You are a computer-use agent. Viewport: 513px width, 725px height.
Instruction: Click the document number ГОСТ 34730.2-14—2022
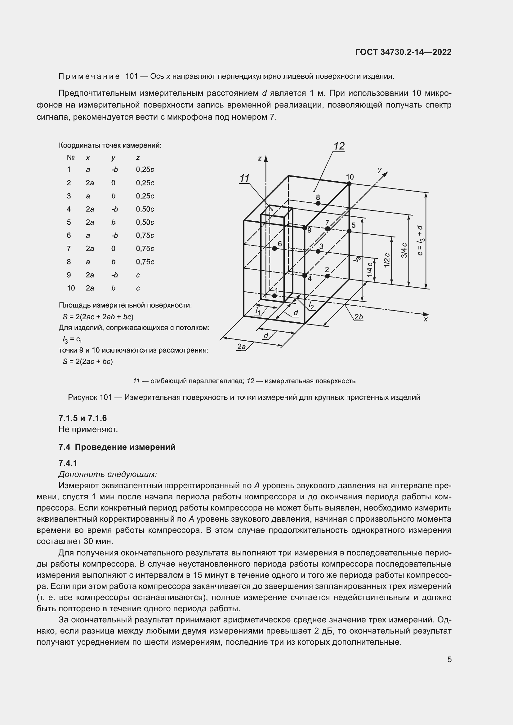pyautogui.click(x=403, y=52)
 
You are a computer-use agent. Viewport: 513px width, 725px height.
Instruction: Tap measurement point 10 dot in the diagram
pyautogui.click(x=349, y=183)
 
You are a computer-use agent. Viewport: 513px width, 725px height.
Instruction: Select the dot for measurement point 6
pyautogui.click(x=274, y=249)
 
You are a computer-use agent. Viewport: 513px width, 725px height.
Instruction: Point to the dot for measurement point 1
pyautogui.click(x=274, y=296)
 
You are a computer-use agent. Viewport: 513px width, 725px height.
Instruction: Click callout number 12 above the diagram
pyautogui.click(x=339, y=146)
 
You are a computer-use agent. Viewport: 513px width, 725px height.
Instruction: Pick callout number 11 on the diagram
pyautogui.click(x=244, y=179)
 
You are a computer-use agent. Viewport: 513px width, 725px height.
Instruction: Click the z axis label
pyautogui.click(x=260, y=158)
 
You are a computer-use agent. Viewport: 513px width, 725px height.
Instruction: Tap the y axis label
pyautogui.click(x=380, y=170)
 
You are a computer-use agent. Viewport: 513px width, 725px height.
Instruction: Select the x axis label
pyautogui.click(x=426, y=319)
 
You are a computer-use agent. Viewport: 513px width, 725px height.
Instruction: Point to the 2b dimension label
pyautogui.click(x=359, y=317)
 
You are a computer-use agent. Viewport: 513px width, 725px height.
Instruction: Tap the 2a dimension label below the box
pyautogui.click(x=241, y=347)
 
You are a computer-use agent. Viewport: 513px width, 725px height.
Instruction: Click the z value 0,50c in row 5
pyautogui.click(x=145, y=222)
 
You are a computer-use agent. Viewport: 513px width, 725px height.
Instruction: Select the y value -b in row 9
pyautogui.click(x=114, y=275)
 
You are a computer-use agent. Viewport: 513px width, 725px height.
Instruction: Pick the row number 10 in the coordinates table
pyautogui.click(x=71, y=288)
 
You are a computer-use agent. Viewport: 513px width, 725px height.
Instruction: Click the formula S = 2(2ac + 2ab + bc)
pyautogui.click(x=98, y=316)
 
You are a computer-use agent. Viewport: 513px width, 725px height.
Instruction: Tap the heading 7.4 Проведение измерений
pyautogui.click(x=117, y=447)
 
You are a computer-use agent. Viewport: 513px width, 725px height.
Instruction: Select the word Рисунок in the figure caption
pyautogui.click(x=83, y=397)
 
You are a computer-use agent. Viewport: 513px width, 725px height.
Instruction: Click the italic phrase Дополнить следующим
pyautogui.click(x=108, y=474)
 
